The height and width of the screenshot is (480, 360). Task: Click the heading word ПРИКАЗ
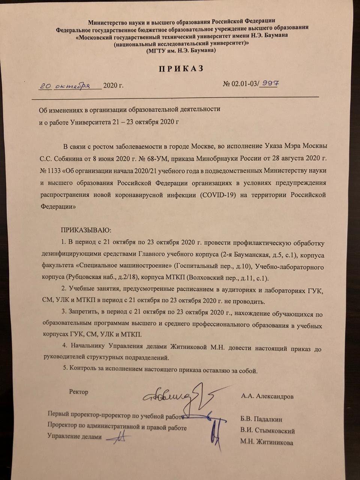(181, 69)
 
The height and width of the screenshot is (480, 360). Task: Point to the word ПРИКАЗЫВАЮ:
(86, 230)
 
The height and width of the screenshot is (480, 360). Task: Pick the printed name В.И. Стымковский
(267, 431)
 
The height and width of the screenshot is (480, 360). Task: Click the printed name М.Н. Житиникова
(267, 442)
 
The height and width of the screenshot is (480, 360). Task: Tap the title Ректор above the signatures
(79, 392)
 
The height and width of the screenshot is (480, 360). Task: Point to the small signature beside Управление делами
(119, 437)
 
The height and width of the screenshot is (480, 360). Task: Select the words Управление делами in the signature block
(75, 436)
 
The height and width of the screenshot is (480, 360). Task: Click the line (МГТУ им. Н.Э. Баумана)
(181, 50)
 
